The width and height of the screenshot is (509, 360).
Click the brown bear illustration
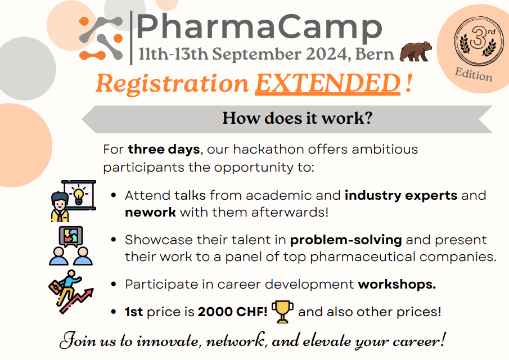[x=415, y=52]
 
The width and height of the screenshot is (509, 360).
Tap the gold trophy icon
[x=282, y=312]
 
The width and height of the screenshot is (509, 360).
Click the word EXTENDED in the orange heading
[x=327, y=83]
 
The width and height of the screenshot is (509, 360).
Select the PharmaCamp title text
[x=259, y=28]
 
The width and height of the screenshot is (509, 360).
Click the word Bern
[x=375, y=54]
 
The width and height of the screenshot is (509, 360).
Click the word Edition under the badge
[x=474, y=75]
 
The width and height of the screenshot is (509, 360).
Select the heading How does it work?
[x=297, y=118]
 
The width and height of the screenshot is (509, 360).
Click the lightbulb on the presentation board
[x=79, y=195]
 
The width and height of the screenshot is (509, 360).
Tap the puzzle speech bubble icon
[x=71, y=237]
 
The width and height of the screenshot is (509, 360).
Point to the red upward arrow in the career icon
[x=76, y=300]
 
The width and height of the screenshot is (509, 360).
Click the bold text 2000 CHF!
[x=233, y=312]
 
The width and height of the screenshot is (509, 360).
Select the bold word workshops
[x=397, y=285]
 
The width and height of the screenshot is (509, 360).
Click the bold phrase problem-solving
[x=346, y=240]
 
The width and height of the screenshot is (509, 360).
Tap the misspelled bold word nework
[x=150, y=212]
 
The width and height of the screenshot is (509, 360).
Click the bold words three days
[x=164, y=150]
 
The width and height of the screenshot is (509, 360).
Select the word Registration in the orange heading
[x=172, y=84]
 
